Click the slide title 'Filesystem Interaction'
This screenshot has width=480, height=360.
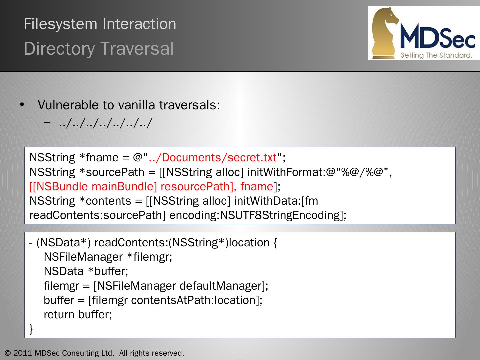click(100, 24)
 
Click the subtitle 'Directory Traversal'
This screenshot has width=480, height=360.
click(99, 49)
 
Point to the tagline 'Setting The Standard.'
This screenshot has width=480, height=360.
click(436, 55)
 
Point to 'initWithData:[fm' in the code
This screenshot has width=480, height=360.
click(276, 201)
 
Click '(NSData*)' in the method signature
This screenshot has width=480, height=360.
click(63, 243)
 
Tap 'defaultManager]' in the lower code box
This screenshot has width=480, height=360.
click(224, 286)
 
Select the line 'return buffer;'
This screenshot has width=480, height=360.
click(78, 315)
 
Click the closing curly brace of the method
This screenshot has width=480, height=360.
click(31, 329)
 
